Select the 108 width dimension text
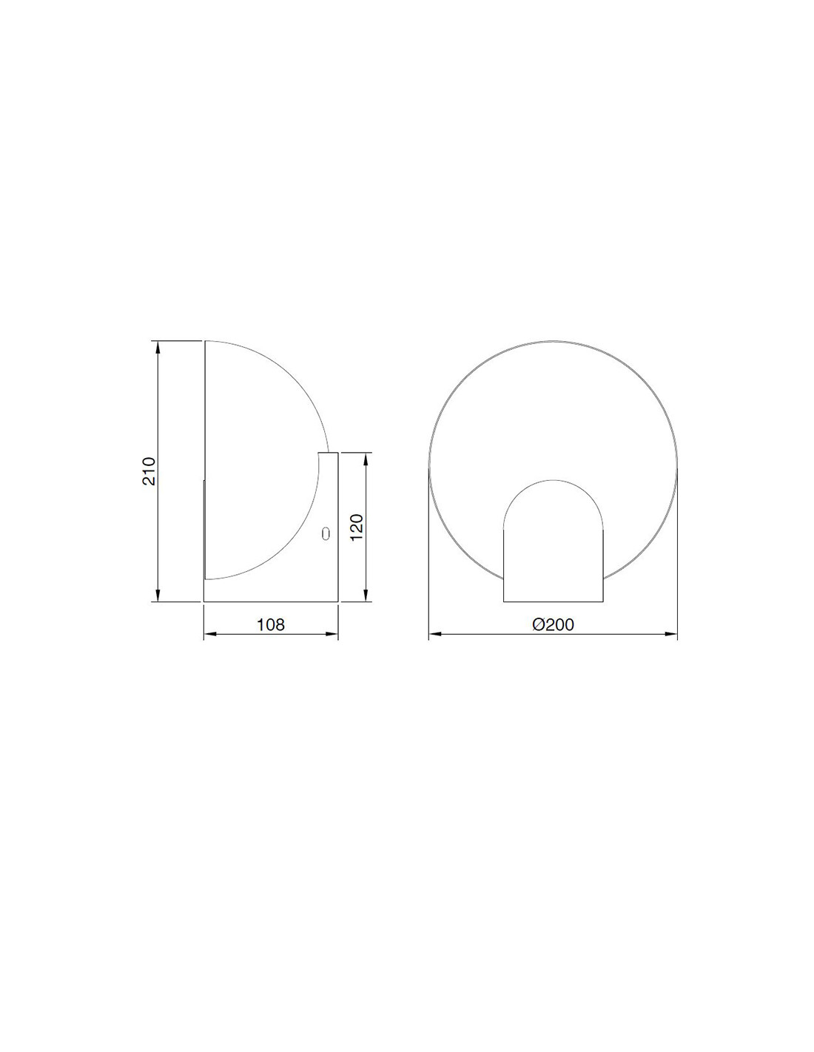click(x=271, y=624)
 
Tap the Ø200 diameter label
click(x=553, y=624)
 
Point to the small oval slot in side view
click(x=326, y=533)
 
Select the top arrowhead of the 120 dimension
click(x=366, y=458)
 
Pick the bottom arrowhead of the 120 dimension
click(x=366, y=596)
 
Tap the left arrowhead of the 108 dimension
click(x=209, y=634)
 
